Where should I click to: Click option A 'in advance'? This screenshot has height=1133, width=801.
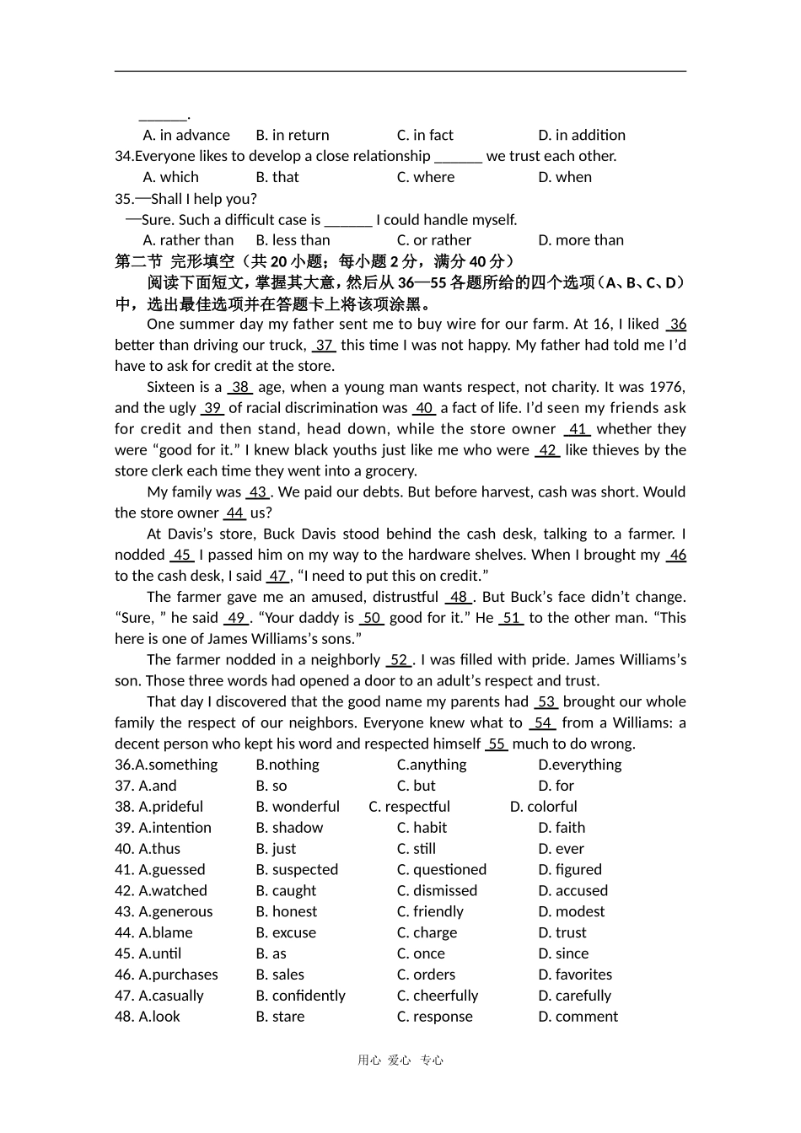pyautogui.click(x=186, y=135)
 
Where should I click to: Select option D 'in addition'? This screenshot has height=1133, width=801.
pyautogui.click(x=582, y=135)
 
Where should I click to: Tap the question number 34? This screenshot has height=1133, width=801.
pyautogui.click(x=124, y=156)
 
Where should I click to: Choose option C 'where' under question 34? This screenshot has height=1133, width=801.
pyautogui.click(x=426, y=177)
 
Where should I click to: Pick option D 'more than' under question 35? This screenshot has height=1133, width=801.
pyautogui.click(x=581, y=240)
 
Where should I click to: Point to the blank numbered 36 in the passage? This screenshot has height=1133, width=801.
pyautogui.click(x=677, y=325)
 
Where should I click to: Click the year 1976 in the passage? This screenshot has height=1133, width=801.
pyautogui.click(x=667, y=387)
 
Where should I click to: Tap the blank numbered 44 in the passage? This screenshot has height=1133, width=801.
pyautogui.click(x=234, y=513)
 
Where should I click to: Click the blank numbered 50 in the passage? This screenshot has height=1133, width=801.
pyautogui.click(x=372, y=618)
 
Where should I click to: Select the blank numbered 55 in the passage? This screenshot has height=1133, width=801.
pyautogui.click(x=497, y=744)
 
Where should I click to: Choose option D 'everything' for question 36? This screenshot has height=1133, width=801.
pyautogui.click(x=580, y=765)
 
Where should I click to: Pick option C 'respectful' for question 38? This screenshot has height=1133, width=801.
pyautogui.click(x=410, y=807)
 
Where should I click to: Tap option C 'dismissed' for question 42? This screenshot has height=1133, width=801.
pyautogui.click(x=437, y=890)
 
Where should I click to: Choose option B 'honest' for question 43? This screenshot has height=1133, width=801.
pyautogui.click(x=287, y=911)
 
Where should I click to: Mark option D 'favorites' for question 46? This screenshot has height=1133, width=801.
pyautogui.click(x=575, y=975)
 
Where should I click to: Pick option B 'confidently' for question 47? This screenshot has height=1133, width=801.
pyautogui.click(x=301, y=996)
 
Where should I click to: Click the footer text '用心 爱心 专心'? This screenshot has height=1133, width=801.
pyautogui.click(x=400, y=1061)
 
